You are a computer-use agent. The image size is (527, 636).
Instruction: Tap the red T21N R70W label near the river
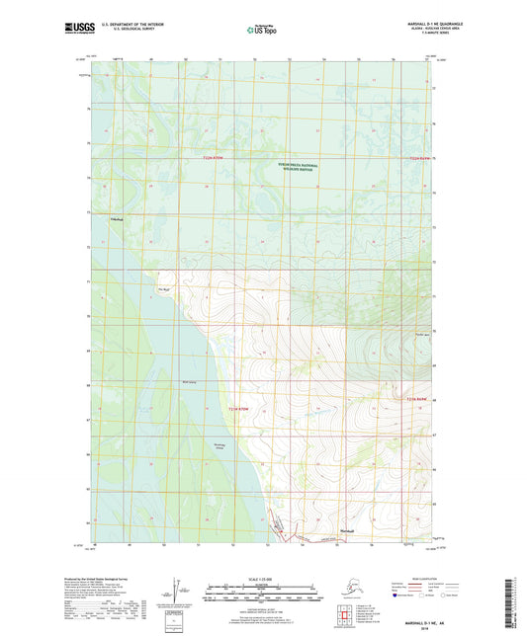click(228, 407)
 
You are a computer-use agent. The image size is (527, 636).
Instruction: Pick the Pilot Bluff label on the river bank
click(164, 289)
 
